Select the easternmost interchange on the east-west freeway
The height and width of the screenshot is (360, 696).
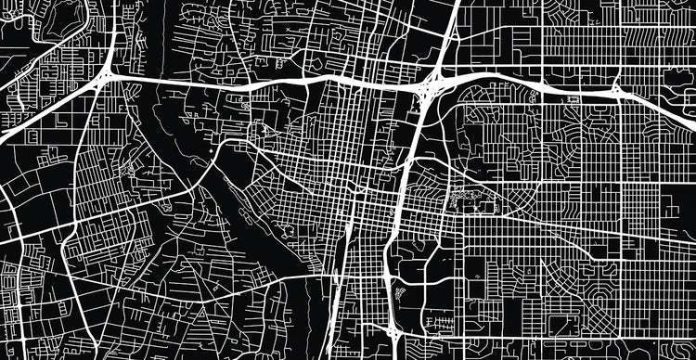pos(617,91)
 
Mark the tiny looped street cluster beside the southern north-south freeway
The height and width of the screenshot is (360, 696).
pos(402,292)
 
